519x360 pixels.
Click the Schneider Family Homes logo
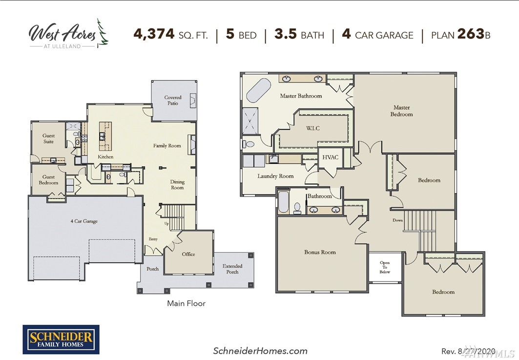[x=61, y=340]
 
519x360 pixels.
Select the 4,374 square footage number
[x=154, y=34]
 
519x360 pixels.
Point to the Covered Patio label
[x=173, y=100]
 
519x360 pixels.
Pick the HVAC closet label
[x=331, y=158]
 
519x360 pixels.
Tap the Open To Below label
[x=385, y=267]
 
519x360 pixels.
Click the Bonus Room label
[x=320, y=252]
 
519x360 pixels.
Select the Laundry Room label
[x=276, y=176]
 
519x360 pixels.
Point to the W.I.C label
[x=313, y=128]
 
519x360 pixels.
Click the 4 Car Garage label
[x=84, y=221]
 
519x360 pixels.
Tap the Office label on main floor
[x=188, y=254]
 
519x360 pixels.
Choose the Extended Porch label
[x=232, y=269]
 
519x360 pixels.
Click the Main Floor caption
[x=187, y=303]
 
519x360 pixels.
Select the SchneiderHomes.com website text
[x=260, y=351]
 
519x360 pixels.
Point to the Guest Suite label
[x=49, y=139]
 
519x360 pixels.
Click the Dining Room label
[x=177, y=184]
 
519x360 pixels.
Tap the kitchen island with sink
[x=105, y=136]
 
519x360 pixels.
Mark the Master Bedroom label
[x=401, y=111]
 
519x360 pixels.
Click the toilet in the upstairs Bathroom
[x=297, y=208]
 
